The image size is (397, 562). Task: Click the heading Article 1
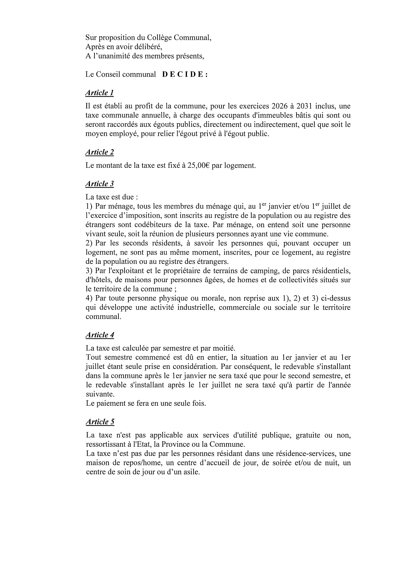pyautogui.click(x=99, y=93)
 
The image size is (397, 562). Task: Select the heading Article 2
pyautogui.click(x=99, y=152)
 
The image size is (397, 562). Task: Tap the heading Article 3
pyautogui.click(x=99, y=184)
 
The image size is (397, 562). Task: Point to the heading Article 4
pyautogui.click(x=100, y=335)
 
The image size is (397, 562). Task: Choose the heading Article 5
pyautogui.click(x=100, y=422)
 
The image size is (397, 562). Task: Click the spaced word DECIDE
pyautogui.click(x=185, y=75)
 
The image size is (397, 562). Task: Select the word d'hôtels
pyautogui.click(x=98, y=280)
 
